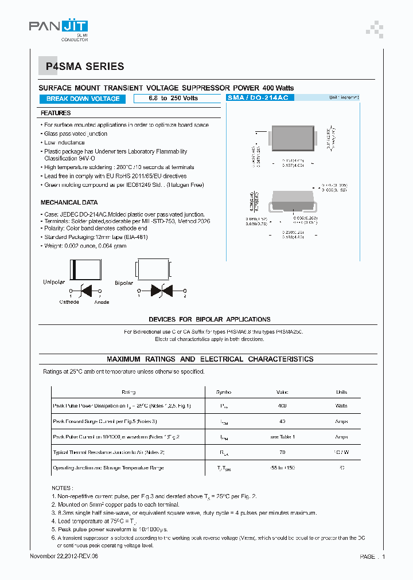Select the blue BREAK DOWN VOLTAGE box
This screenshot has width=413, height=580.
point(83,99)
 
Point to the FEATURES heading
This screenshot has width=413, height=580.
point(56,113)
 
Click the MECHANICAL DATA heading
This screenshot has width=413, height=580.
point(69,203)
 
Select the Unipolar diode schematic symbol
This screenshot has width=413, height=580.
point(86,291)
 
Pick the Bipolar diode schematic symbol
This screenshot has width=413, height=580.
point(161,291)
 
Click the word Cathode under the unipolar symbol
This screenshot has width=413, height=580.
point(69,302)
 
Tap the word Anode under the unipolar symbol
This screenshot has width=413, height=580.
point(102,302)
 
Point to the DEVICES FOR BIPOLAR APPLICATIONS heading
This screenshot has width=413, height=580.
point(209,319)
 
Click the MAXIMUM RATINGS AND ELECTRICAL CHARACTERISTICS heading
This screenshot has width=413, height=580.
point(210,359)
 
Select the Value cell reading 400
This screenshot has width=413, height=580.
point(282,406)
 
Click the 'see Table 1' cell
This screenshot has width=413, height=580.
point(282,437)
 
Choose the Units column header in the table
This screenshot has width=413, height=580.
point(341,392)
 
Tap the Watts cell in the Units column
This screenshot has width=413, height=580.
point(341,406)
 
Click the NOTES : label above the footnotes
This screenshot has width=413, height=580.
point(63,487)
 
